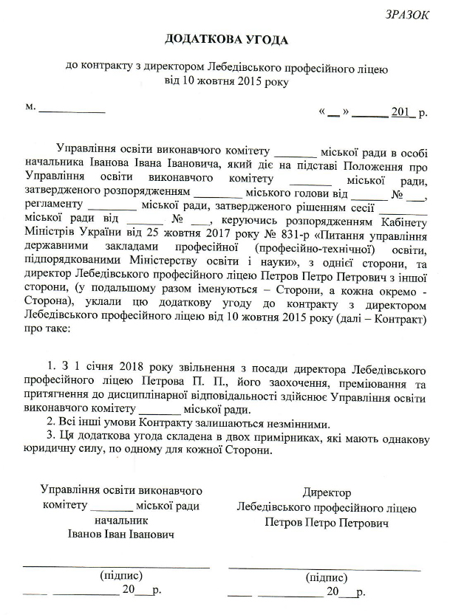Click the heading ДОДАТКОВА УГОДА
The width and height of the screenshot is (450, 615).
(x=224, y=38)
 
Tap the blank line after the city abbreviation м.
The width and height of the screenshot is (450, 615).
(x=72, y=111)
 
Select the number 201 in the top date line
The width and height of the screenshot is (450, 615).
(x=401, y=113)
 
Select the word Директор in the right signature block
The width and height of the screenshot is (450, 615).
(x=326, y=492)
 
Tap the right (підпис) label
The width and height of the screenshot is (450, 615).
(x=326, y=577)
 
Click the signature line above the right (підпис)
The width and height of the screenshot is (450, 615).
(x=325, y=568)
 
